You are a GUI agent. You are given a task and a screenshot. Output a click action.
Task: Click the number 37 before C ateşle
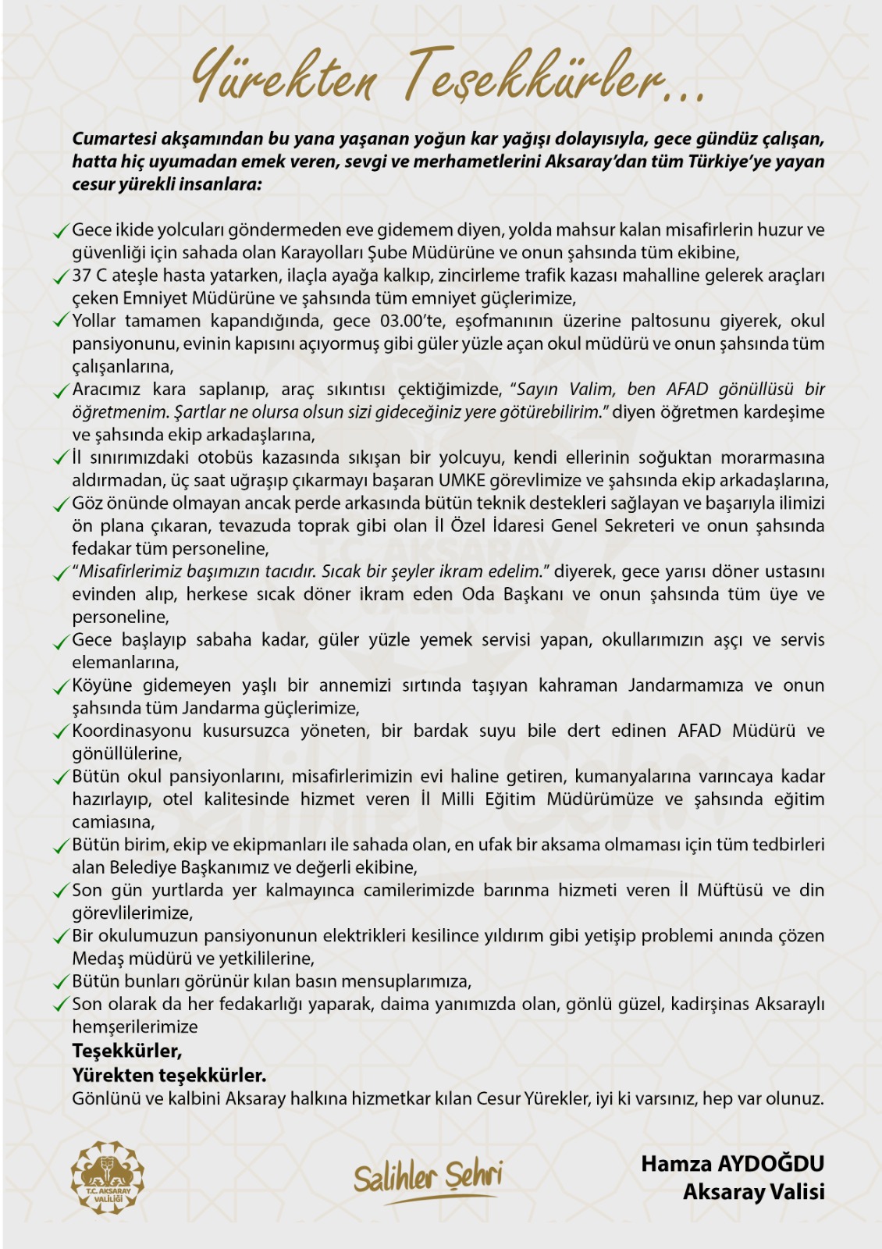82,276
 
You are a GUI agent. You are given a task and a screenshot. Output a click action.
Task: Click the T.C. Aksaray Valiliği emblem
108,1177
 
